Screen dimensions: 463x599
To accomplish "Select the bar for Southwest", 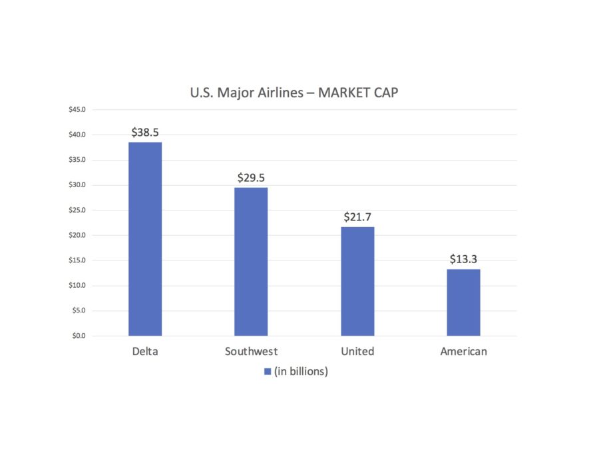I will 251,261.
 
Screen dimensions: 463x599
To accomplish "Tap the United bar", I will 357,281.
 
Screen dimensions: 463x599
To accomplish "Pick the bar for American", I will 463,302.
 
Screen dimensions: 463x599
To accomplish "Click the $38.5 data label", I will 145,133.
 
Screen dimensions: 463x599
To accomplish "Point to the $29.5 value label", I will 251,178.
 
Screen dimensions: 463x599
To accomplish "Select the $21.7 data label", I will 357,217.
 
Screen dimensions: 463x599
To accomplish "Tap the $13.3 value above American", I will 463,259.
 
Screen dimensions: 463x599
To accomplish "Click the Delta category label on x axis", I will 145,351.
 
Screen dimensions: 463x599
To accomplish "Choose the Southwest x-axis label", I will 251,351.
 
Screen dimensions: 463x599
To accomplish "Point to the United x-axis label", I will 357,351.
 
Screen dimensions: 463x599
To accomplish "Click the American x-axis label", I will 463,351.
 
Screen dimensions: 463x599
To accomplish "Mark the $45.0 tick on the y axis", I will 77,110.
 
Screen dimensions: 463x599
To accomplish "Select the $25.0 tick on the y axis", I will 77,211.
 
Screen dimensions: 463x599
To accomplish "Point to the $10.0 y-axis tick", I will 77,286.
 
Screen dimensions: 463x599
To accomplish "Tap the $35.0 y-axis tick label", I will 77,160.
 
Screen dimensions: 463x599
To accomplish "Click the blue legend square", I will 267,372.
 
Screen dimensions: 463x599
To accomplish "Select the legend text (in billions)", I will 301,372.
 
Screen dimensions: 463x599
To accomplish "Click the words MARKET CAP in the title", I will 358,93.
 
